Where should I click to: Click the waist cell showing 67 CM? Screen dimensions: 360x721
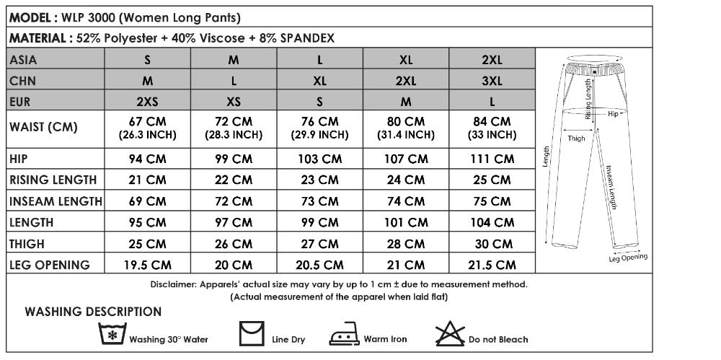click(147, 127)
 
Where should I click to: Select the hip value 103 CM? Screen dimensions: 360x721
click(319, 159)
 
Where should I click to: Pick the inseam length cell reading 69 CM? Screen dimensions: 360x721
click(147, 201)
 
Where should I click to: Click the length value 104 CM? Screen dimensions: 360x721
click(492, 223)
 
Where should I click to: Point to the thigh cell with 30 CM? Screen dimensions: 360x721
click(492, 244)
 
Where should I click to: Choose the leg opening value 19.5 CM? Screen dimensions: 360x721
click(147, 265)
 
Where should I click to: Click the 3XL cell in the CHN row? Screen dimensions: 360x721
click(492, 81)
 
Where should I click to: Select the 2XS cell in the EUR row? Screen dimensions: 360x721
click(147, 101)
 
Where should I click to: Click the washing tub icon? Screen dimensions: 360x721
click(111, 335)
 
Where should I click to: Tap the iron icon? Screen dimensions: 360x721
click(343, 337)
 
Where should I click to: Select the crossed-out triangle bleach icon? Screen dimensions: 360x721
click(450, 334)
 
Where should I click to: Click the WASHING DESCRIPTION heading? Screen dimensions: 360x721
click(93, 312)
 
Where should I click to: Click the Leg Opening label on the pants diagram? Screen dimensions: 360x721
click(628, 257)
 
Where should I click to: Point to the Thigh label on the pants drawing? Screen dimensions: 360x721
click(576, 137)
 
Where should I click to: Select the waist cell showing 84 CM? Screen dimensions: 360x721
click(492, 127)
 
